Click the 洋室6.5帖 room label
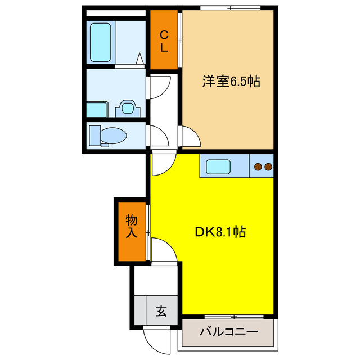coord(231,82)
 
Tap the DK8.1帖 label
coord(219,231)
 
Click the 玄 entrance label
coord(161,310)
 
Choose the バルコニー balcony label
coord(228,332)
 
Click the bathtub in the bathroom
coord(102,42)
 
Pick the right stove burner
coord(268,166)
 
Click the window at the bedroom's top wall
coord(227,8)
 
